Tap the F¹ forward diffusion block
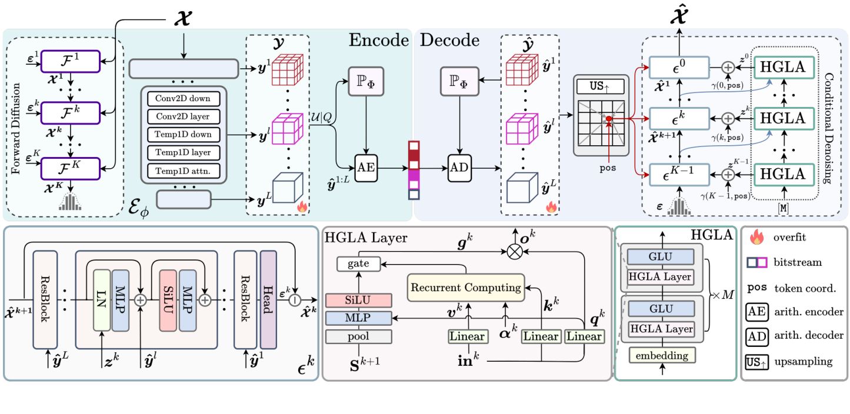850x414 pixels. click(x=71, y=60)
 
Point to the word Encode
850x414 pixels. click(x=379, y=40)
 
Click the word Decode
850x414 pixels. click(x=449, y=40)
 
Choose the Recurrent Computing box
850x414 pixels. click(x=465, y=288)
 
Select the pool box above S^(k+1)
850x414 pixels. click(x=358, y=336)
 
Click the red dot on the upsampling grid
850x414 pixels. click(x=609, y=119)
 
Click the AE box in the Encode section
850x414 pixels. click(x=365, y=168)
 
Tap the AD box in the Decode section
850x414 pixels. click(x=459, y=168)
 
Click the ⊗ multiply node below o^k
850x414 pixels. click(x=515, y=251)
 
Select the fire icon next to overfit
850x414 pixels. click(x=758, y=239)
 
